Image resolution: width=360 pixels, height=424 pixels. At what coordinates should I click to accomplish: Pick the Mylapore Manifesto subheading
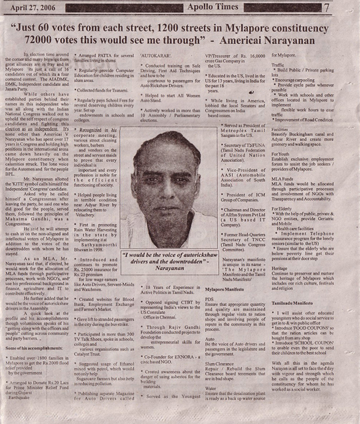[225, 290]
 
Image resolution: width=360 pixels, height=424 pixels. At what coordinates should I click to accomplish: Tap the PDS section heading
[209, 298]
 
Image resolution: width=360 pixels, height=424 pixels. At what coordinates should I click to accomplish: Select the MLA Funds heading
[282, 179]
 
